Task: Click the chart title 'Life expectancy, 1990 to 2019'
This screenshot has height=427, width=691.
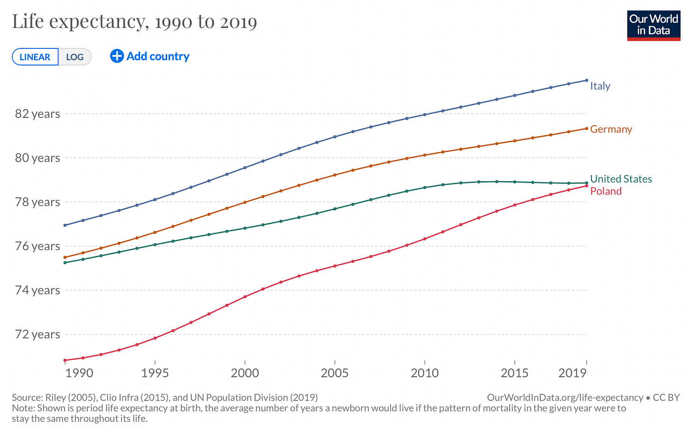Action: pyautogui.click(x=134, y=22)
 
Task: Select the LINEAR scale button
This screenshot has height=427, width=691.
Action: pyautogui.click(x=35, y=57)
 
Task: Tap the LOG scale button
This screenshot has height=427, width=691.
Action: pyautogui.click(x=75, y=57)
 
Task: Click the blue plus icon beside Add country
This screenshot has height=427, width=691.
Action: pyautogui.click(x=117, y=56)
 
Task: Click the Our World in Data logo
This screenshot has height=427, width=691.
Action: pyautogui.click(x=654, y=26)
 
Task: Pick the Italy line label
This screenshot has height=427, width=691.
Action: pyautogui.click(x=600, y=86)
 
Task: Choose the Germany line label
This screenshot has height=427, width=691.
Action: pyautogui.click(x=611, y=129)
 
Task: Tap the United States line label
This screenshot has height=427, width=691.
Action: pyautogui.click(x=621, y=179)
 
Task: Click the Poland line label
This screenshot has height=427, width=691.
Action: pyautogui.click(x=606, y=191)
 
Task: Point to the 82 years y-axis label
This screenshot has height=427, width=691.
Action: pyautogui.click(x=37, y=114)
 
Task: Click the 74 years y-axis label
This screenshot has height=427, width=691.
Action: pyautogui.click(x=37, y=290)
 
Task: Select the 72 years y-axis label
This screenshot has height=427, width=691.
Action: pyautogui.click(x=37, y=334)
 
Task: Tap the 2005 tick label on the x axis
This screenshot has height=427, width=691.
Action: pyautogui.click(x=335, y=373)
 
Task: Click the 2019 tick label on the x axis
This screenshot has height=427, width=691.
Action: pyautogui.click(x=572, y=373)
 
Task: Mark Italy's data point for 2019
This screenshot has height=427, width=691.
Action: pyautogui.click(x=587, y=80)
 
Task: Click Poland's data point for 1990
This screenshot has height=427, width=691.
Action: pyautogui.click(x=65, y=361)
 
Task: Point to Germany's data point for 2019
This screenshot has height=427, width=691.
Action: pyautogui.click(x=587, y=129)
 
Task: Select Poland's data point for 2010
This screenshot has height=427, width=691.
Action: pyautogui.click(x=425, y=239)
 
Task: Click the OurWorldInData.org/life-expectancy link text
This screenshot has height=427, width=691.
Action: pyautogui.click(x=565, y=398)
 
